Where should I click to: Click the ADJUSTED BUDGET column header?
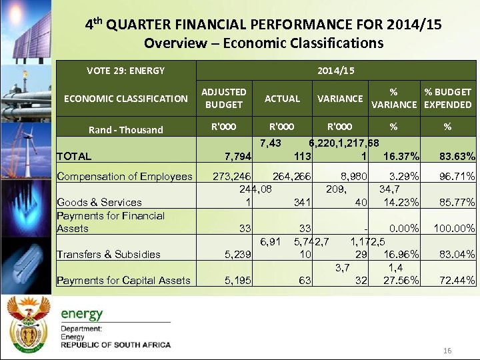tap(224, 98)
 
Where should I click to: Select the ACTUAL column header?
tap(282, 99)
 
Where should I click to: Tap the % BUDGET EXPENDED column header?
tap(447, 98)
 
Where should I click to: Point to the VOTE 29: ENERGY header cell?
tap(125, 70)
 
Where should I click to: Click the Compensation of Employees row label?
tap(125, 177)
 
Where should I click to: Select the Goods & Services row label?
tap(99, 203)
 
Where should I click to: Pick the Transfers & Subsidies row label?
tap(109, 254)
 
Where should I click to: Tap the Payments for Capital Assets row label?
tap(124, 281)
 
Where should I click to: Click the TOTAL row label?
tap(74, 157)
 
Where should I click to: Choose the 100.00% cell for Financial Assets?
tap(454, 229)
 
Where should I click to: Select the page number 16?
tap(447, 351)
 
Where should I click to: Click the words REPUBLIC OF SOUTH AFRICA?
tap(115, 345)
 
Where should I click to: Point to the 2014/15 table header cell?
tap(335, 70)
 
